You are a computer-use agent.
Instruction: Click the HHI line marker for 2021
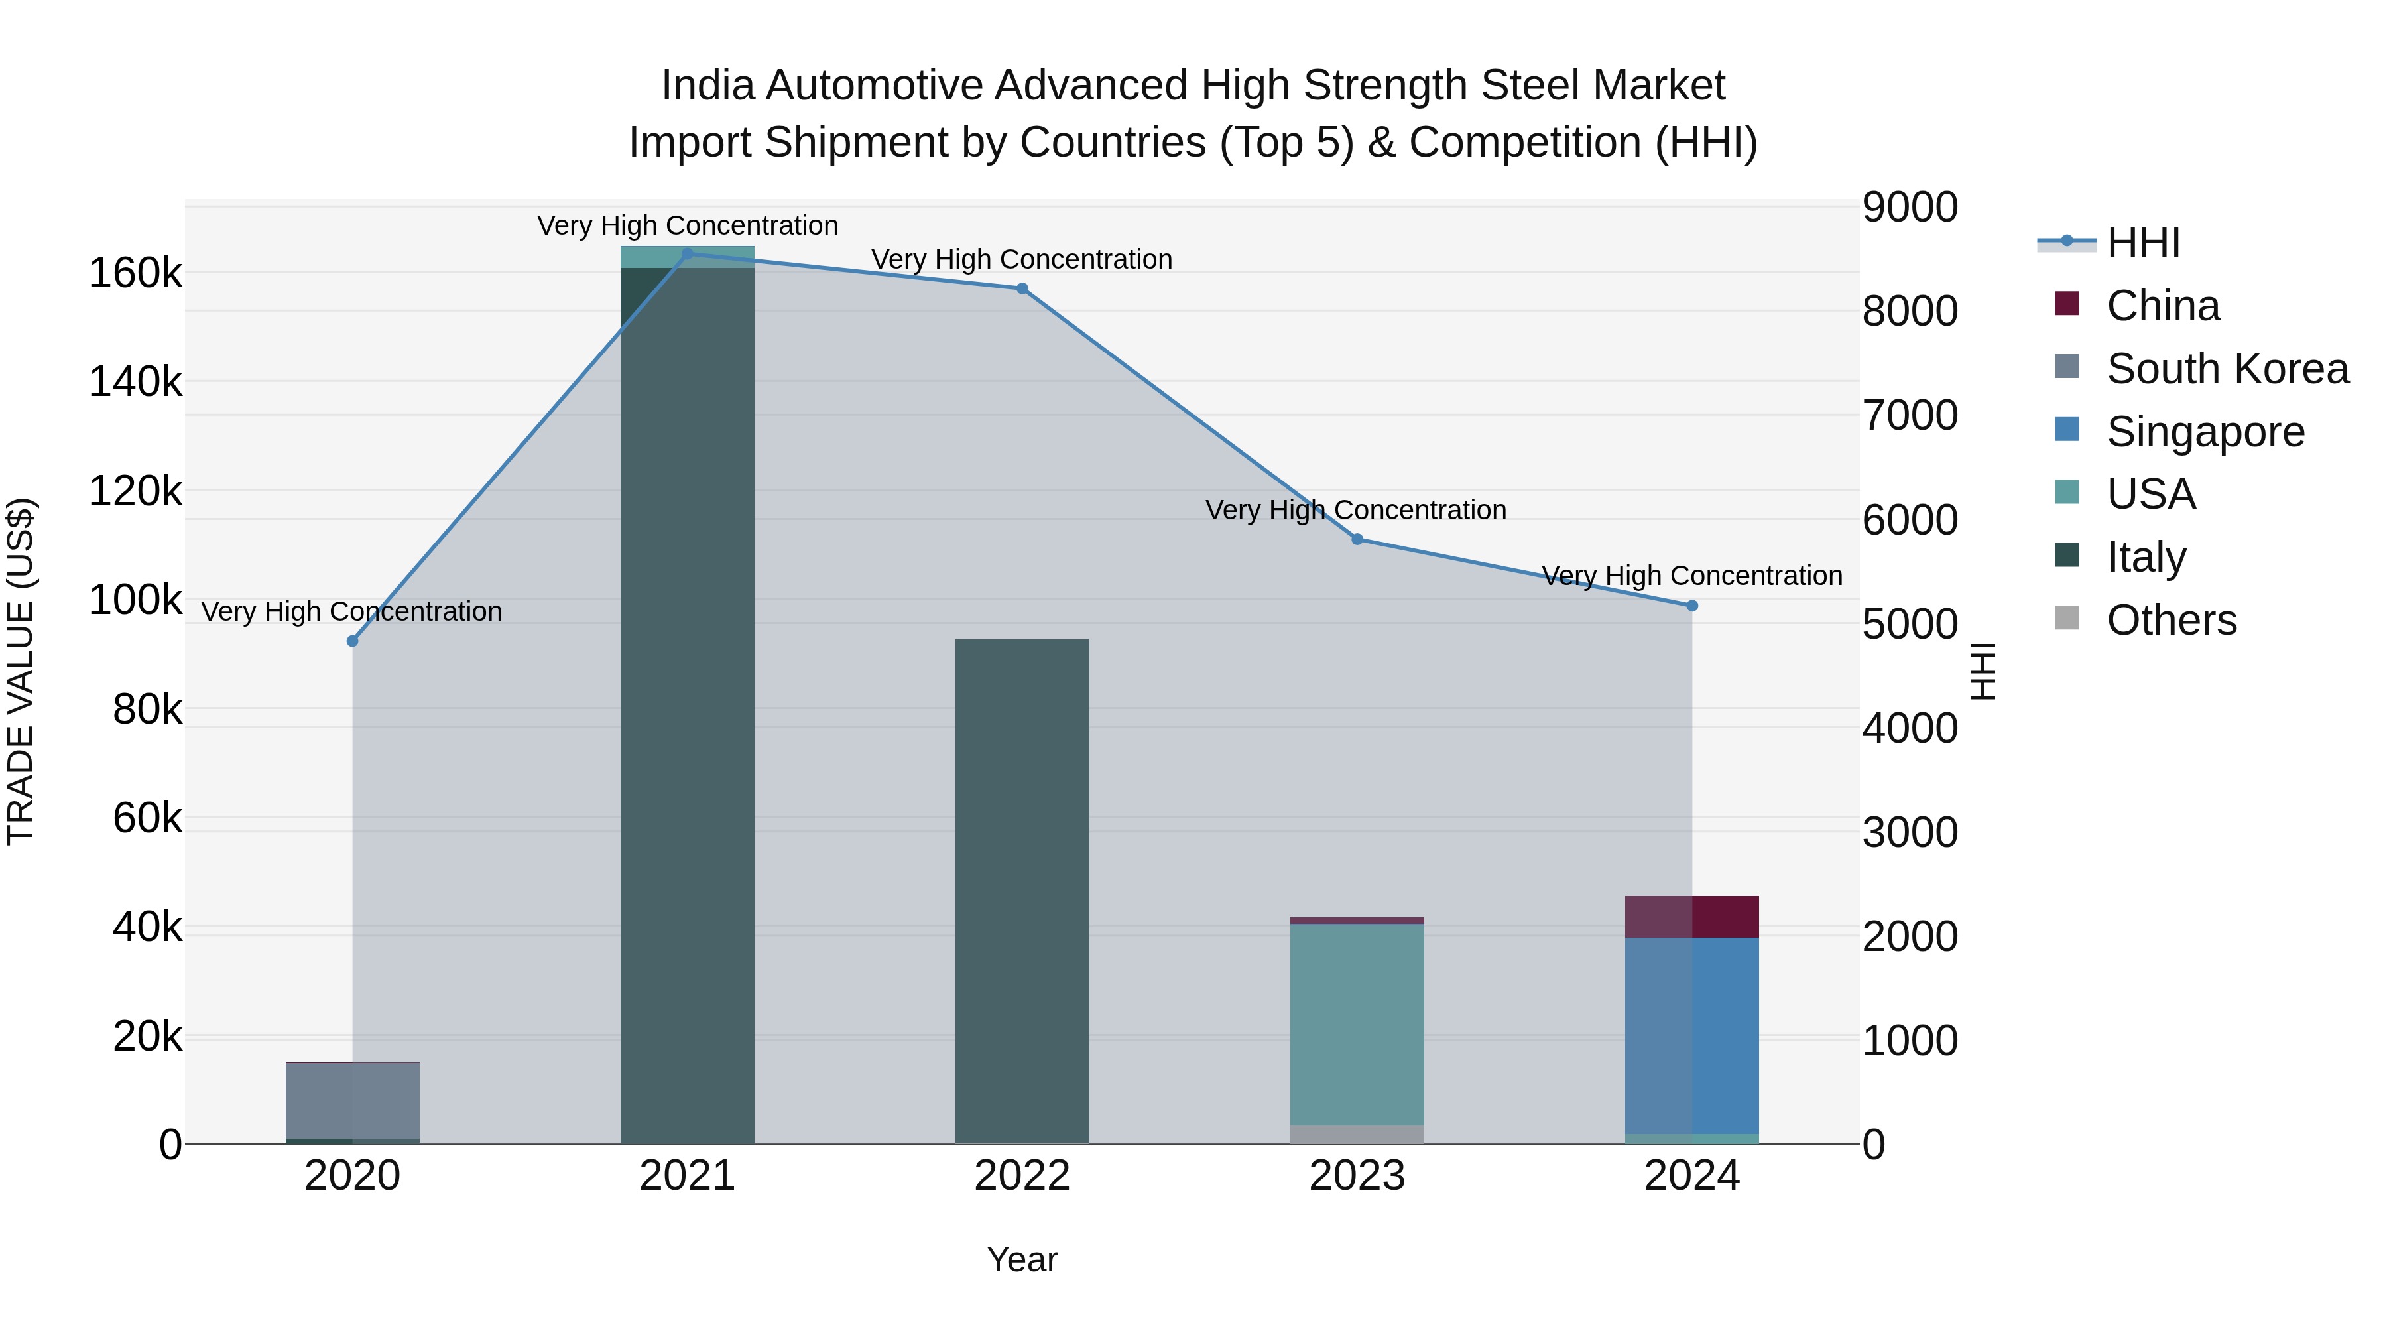coord(688,253)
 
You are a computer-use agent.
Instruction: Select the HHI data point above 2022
coord(1022,288)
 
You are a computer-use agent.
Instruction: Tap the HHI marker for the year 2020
coord(352,641)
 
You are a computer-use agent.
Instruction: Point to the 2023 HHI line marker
coord(1357,539)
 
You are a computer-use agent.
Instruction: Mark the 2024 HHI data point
coord(1692,606)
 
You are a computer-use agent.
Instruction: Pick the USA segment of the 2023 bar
coord(1357,1024)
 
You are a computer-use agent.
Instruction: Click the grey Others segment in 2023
coord(1357,1135)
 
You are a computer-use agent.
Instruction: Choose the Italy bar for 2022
coord(1022,890)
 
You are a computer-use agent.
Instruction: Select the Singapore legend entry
coord(2205,432)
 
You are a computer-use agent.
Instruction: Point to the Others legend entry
coord(2171,620)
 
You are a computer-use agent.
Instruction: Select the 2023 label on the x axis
coord(1357,1176)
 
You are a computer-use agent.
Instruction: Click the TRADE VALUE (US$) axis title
coord(21,671)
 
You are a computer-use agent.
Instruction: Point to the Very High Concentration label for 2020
coord(352,611)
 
